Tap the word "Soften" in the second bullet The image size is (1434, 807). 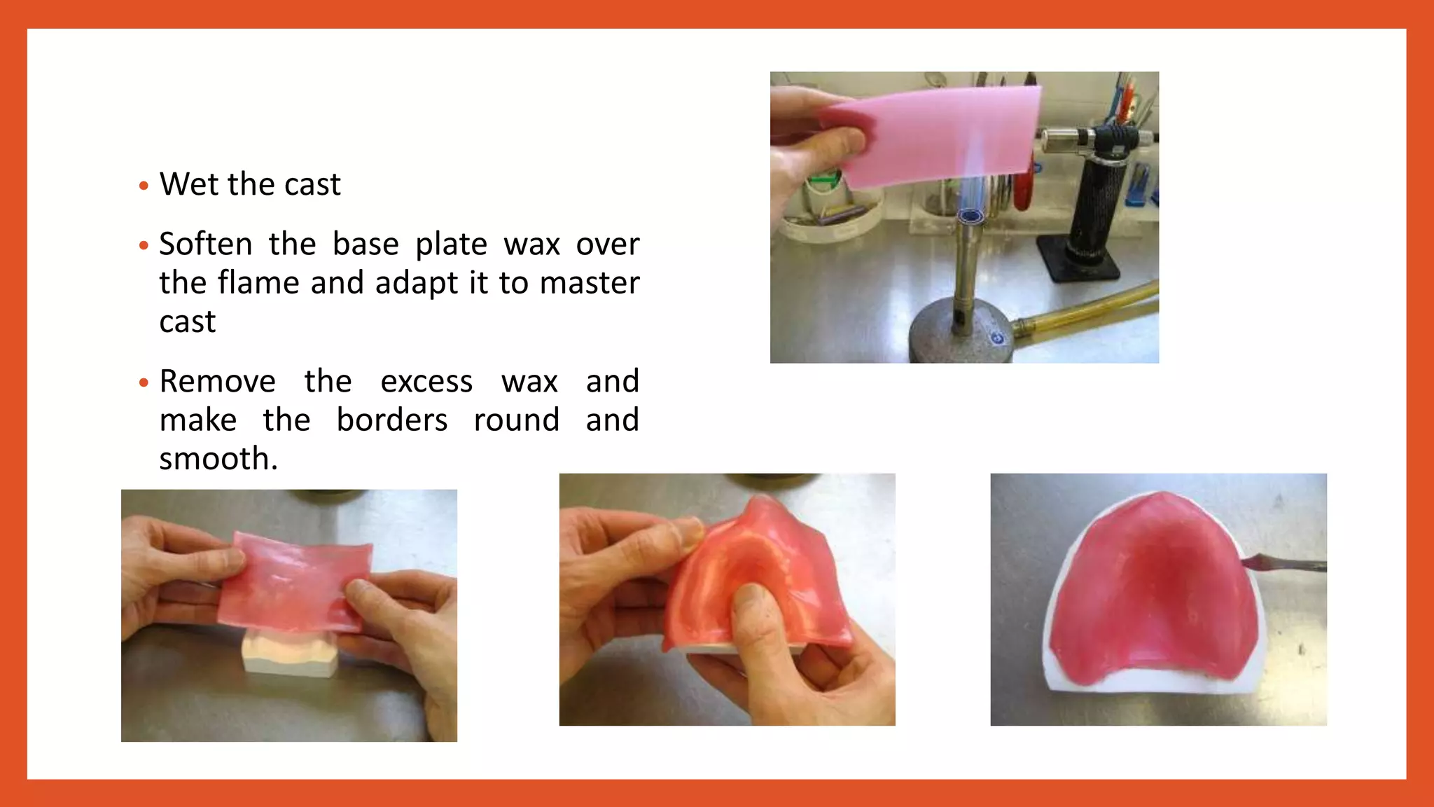[205, 244]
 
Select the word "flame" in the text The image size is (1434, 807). [258, 283]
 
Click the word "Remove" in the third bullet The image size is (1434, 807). [217, 382]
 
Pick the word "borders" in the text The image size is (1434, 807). [391, 420]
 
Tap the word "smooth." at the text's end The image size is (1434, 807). [218, 459]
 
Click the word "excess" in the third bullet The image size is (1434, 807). [426, 382]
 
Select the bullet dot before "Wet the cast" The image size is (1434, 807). [144, 186]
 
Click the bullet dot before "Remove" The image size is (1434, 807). [144, 382]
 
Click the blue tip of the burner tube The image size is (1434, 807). [970, 214]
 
